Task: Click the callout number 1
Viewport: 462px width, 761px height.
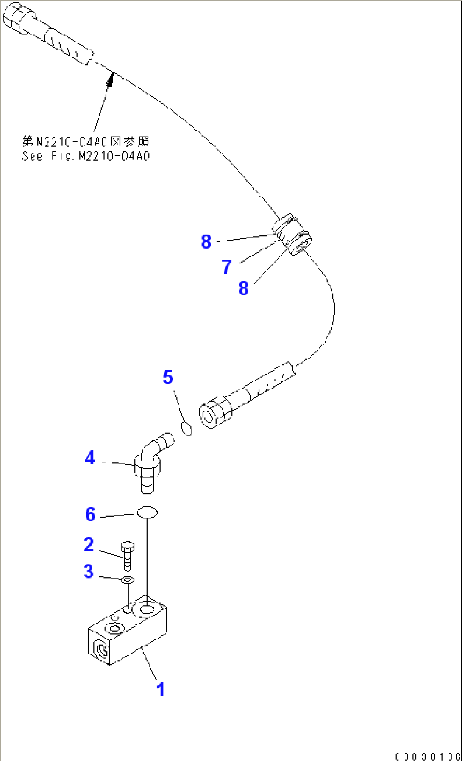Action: point(160,689)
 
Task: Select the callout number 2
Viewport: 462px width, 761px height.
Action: point(89,545)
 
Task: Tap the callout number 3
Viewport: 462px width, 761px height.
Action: point(89,572)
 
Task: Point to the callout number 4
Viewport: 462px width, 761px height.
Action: point(90,458)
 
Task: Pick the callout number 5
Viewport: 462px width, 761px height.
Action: point(168,377)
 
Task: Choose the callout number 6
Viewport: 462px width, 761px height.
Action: point(90,515)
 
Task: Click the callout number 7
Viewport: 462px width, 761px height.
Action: point(227,267)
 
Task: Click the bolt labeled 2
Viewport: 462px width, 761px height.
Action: point(128,556)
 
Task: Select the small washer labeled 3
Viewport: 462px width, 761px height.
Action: point(128,580)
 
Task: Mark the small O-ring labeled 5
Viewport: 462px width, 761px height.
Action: point(187,429)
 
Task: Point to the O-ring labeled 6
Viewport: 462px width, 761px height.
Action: point(147,513)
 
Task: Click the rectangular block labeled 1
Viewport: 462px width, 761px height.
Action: point(127,632)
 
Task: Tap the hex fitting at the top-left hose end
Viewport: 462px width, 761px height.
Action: point(17,19)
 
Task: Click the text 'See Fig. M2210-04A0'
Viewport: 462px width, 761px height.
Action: point(86,157)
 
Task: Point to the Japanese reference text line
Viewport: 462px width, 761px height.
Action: point(86,141)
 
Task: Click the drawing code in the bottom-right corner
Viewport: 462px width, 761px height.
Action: point(427,756)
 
